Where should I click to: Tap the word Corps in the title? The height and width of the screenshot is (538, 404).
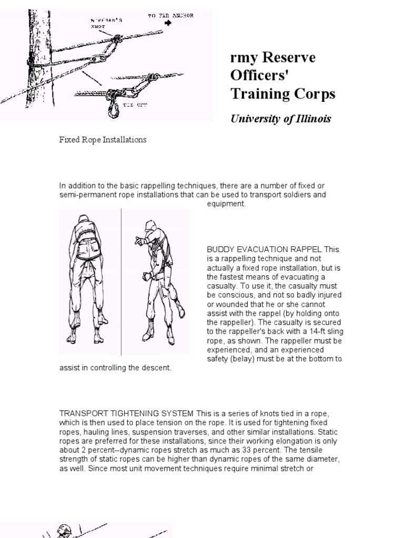click(314, 94)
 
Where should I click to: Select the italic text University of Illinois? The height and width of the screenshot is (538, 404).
click(281, 119)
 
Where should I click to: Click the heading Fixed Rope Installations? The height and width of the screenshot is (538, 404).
click(103, 140)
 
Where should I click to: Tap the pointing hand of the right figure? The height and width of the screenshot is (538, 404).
click(139, 240)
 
